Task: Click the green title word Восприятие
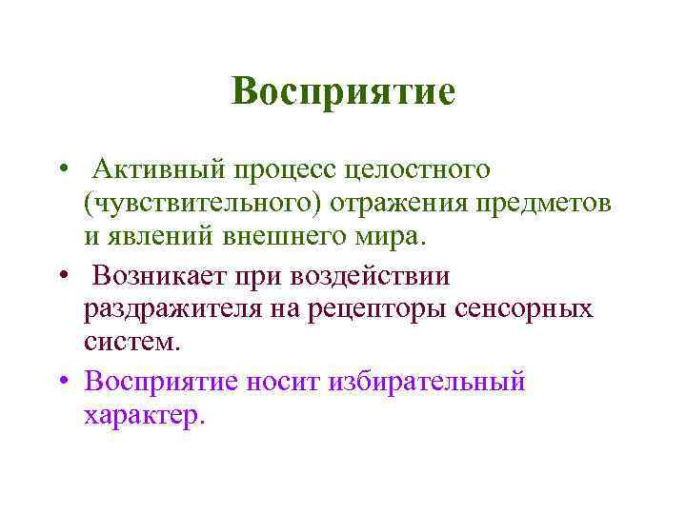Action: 343,92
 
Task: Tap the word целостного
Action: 421,171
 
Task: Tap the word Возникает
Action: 167,276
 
